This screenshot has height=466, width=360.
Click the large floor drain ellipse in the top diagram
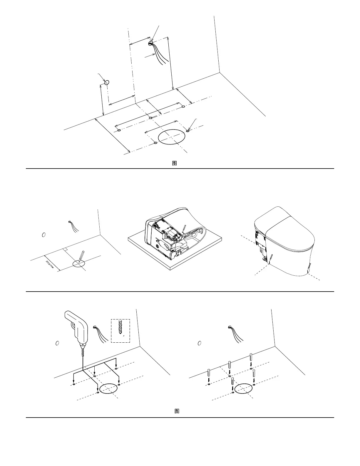tap(172, 137)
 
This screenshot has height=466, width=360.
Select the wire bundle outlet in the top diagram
tap(150, 43)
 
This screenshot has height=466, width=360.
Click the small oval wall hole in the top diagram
tap(107, 82)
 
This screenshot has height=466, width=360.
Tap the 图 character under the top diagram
tap(174, 163)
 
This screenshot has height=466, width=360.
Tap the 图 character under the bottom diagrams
tap(177, 411)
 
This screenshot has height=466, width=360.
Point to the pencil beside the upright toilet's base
tap(271, 258)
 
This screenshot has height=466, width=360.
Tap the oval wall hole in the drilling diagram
tap(58, 343)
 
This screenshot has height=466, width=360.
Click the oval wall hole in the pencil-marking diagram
tap(43, 235)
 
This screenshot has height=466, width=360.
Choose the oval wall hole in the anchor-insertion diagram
tap(200, 343)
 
